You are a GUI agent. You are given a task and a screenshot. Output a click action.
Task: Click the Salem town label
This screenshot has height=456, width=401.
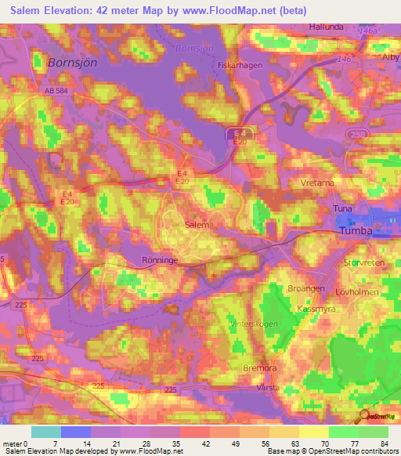pyautogui.click(x=196, y=224)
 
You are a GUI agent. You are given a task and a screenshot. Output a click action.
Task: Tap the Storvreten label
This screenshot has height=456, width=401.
pyautogui.click(x=365, y=263)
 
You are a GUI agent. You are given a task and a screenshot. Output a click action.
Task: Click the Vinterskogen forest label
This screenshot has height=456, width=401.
pyautogui.click(x=226, y=322)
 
